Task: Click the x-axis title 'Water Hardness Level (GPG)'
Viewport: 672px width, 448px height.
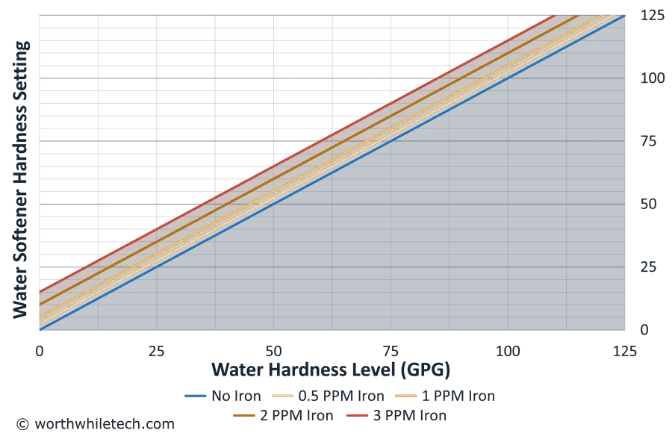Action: point(332,370)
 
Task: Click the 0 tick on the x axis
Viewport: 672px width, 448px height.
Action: point(40,349)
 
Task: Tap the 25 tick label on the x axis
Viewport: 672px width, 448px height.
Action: point(157,349)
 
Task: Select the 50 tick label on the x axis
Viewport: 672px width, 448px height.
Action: point(275,349)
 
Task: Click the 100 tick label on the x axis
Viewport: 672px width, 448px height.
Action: point(508,349)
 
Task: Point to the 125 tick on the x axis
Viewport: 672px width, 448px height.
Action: point(626,349)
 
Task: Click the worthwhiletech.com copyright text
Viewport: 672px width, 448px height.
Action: point(97,423)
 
